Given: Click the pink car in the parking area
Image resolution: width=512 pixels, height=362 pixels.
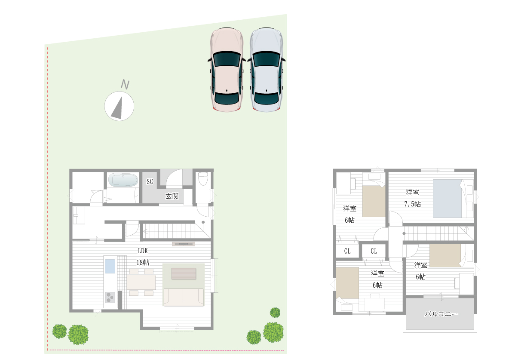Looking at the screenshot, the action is coord(227,70).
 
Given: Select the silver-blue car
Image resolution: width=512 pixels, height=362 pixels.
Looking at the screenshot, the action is coord(267,70).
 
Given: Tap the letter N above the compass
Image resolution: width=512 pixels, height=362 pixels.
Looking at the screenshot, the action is coord(125,84).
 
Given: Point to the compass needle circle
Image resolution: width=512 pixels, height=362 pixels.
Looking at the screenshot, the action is coord(119,106).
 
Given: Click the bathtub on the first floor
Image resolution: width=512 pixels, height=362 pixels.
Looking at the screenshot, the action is coord(123,180).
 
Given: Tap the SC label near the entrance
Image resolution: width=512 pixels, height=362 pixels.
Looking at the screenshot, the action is coord(150,181).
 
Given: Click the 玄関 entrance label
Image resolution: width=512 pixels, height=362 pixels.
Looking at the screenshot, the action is coord(172,196).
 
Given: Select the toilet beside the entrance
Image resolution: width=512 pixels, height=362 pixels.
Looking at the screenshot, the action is coord(203,178).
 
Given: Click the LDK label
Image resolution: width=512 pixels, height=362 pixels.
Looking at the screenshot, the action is coord(143,251).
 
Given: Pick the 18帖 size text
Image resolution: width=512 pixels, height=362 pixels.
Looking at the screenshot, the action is coord(143,262).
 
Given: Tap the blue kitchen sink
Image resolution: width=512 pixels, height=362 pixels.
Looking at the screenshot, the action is coord(110,266).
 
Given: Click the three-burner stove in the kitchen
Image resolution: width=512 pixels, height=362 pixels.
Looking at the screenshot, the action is coord(110,297).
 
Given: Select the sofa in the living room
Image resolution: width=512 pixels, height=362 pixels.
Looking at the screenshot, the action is coord(183,297).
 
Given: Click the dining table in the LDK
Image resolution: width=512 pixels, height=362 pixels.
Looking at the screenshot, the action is coord(141,282).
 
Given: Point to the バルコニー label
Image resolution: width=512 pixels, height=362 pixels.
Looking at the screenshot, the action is coord(441,314).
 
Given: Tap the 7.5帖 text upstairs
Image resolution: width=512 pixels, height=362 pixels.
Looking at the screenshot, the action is coord(412,204).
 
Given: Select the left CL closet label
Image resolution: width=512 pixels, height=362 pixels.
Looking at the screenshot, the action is coord(347,251).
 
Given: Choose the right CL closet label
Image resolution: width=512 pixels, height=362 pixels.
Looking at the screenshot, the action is coord(374,251).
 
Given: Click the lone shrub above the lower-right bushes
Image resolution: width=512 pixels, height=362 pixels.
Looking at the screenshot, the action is coord(275,313).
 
